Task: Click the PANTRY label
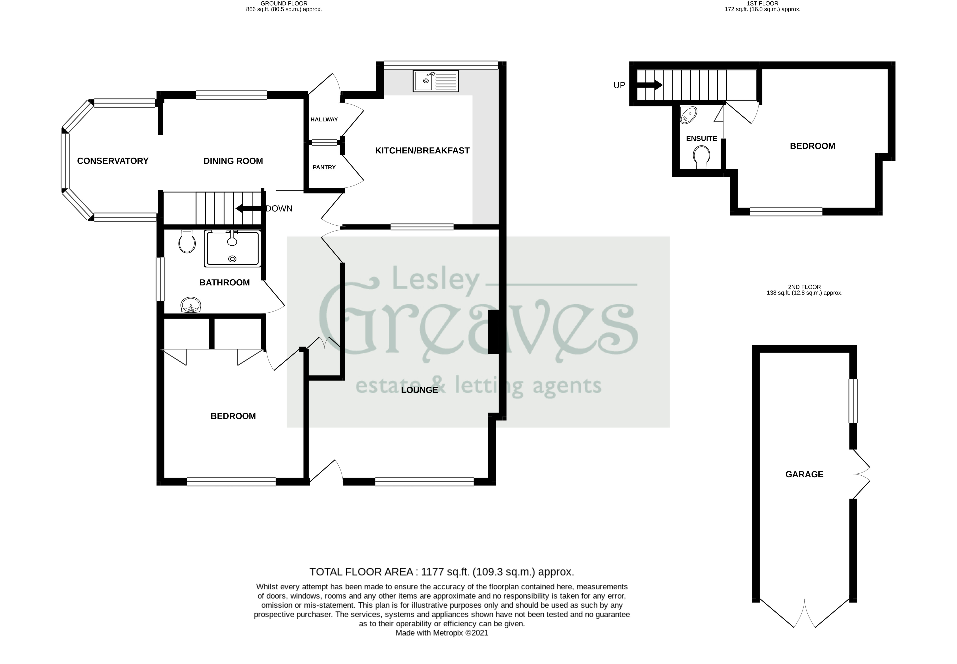click(324, 167)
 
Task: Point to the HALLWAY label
click(324, 120)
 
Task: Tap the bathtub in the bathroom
click(232, 248)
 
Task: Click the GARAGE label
click(804, 474)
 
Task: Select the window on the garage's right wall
click(853, 401)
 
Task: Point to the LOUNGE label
click(419, 390)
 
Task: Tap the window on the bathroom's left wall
click(160, 279)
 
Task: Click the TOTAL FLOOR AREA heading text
click(441, 572)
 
